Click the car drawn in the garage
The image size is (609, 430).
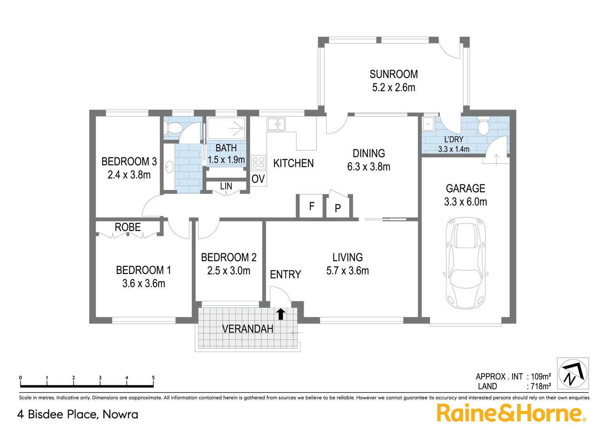pyautogui.click(x=466, y=263)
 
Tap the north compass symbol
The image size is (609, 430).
pyautogui.click(x=573, y=373)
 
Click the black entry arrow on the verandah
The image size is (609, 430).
pyautogui.click(x=281, y=314)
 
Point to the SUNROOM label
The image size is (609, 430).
pyautogui.click(x=393, y=74)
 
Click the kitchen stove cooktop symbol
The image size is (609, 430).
pyautogui.click(x=258, y=162)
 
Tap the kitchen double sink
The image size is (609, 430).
pyautogui.click(x=276, y=124)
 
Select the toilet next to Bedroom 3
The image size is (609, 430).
pyautogui.click(x=174, y=128)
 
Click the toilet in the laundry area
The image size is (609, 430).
pyautogui.click(x=483, y=127)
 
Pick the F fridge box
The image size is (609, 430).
pyautogui.click(x=311, y=206)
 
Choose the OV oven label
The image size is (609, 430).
pyautogui.click(x=258, y=179)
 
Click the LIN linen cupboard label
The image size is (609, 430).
pyautogui.click(x=226, y=186)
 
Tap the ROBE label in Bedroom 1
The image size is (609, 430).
pyautogui.click(x=128, y=227)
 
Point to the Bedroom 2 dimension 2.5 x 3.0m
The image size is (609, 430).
pyautogui.click(x=229, y=271)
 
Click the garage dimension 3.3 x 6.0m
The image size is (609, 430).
pyautogui.click(x=466, y=202)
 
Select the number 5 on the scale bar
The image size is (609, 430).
pyautogui.click(x=153, y=378)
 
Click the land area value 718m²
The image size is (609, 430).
pyautogui.click(x=540, y=386)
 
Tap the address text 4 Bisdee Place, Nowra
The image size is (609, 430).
pyautogui.click(x=78, y=414)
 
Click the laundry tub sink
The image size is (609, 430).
pyautogui.click(x=428, y=124)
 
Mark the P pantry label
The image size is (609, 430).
pyautogui.click(x=338, y=208)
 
